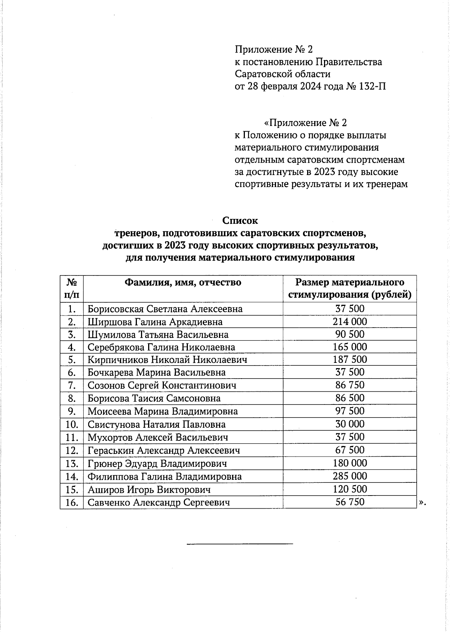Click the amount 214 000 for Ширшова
(349, 322)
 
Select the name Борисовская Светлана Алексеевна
(165, 309)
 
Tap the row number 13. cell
(71, 464)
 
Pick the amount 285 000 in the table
(349, 476)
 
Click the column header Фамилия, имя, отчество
(183, 282)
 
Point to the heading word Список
(240, 220)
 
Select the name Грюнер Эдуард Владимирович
(157, 464)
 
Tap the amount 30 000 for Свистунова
(349, 424)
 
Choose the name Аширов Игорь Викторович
(149, 490)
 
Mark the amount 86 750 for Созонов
(349, 385)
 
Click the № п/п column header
(72, 288)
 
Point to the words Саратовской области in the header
(282, 74)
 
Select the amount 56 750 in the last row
(349, 502)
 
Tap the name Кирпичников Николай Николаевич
(167, 360)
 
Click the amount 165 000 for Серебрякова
(349, 347)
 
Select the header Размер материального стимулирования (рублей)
(349, 288)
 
